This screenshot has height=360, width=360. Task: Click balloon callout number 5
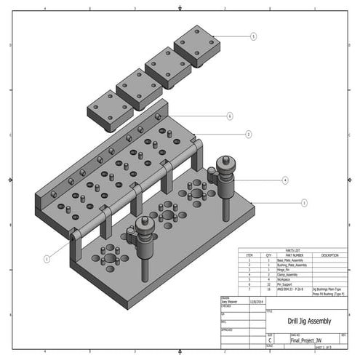(x=253, y=36)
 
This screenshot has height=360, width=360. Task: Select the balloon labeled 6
(x=230, y=116)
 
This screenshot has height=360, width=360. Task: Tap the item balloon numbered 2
(x=249, y=135)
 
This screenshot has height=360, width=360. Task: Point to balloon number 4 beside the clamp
(x=285, y=180)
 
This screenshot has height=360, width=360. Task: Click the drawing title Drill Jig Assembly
(x=308, y=321)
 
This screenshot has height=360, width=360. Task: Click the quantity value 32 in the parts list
(x=268, y=284)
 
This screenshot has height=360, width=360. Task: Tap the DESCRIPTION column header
(x=329, y=255)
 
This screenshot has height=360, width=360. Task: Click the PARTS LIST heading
(x=295, y=251)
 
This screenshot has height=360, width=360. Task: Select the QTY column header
(x=268, y=255)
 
